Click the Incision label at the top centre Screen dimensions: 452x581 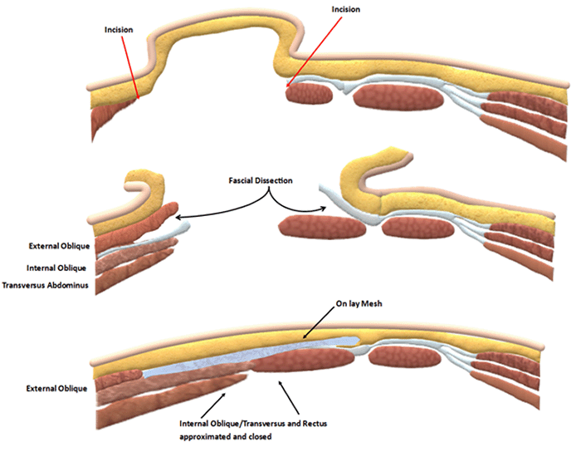coord(345,10)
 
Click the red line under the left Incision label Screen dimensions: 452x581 coord(130,66)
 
